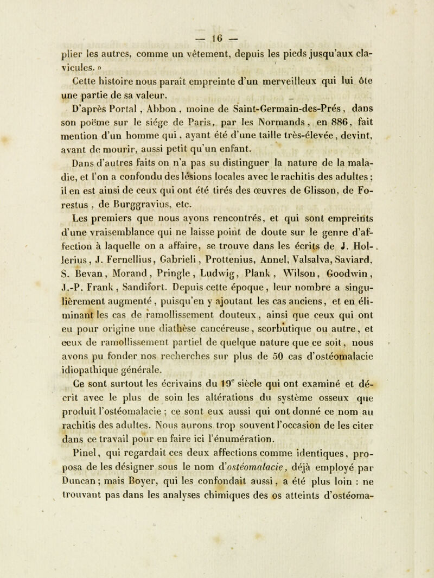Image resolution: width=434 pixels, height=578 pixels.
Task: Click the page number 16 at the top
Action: pyautogui.click(x=218, y=11)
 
